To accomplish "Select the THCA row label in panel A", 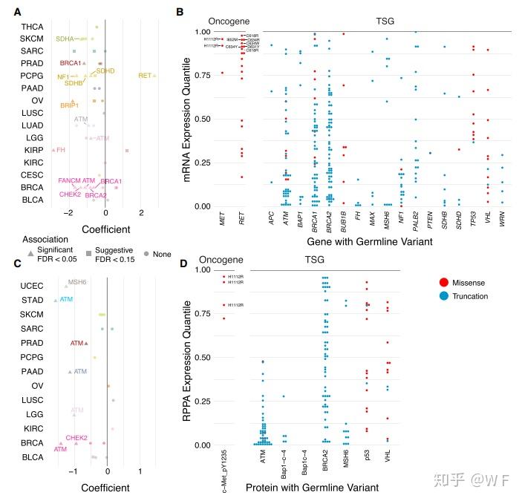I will [x=31, y=27].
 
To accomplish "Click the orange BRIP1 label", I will [x=70, y=106].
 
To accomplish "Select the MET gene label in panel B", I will [x=222, y=220].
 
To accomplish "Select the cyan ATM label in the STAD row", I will [x=67, y=300].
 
